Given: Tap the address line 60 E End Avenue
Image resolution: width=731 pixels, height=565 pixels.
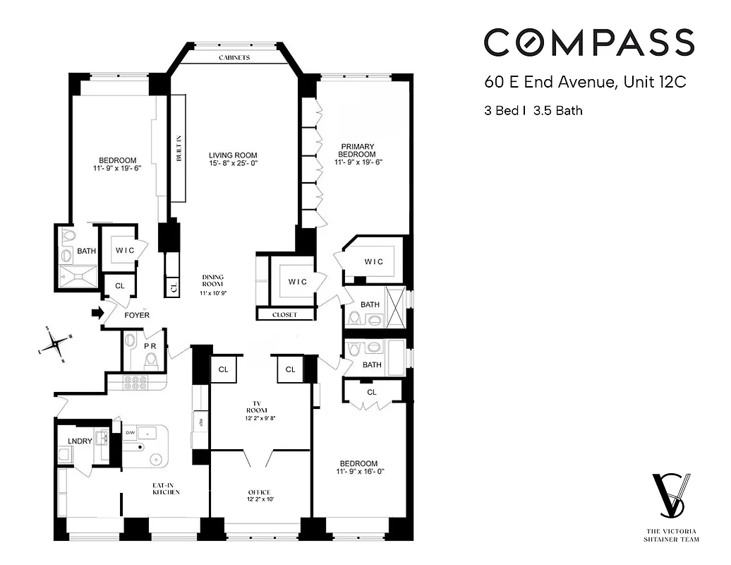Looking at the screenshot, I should tap(585, 82).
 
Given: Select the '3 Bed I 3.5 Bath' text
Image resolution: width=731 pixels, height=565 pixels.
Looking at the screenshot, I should tap(533, 110).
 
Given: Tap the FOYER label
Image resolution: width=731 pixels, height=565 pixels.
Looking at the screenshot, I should tap(137, 315).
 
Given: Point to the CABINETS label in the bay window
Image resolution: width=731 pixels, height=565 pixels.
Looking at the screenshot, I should tap(234, 58).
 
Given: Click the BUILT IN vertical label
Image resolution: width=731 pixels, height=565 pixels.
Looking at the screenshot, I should tap(179, 148).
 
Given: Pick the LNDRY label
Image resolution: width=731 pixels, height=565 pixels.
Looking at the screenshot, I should tap(80, 441).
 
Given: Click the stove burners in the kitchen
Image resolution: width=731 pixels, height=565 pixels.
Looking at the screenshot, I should tap(135, 382).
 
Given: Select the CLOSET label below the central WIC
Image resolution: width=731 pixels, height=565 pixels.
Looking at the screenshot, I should tap(284, 315).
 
